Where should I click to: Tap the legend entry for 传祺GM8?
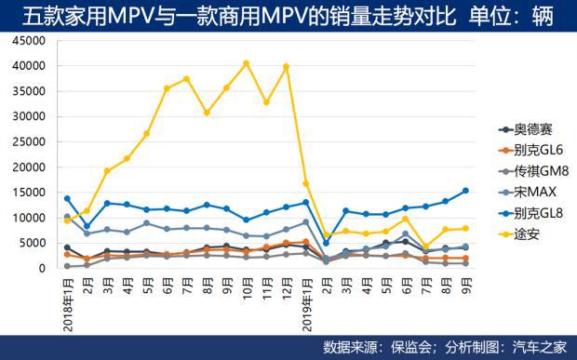(x=533, y=170)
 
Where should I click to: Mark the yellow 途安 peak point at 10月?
(x=246, y=63)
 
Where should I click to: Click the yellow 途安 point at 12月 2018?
(x=286, y=67)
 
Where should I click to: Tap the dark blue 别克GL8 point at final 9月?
(x=464, y=191)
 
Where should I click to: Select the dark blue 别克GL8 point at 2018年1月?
(x=67, y=198)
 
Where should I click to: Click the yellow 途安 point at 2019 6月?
(x=405, y=219)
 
